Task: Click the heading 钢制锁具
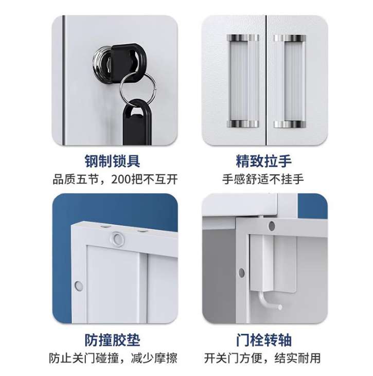point(112,161)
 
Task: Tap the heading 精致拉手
point(263,161)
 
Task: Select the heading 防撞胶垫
point(112,340)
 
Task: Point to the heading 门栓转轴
point(263,340)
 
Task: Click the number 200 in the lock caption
point(121,180)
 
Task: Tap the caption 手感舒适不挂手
point(263,180)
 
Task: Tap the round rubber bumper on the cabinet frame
point(117,239)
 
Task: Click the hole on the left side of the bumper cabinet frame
point(78,285)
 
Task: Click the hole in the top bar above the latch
point(272,226)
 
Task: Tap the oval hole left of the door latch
point(242,273)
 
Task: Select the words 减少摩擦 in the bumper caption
point(154,359)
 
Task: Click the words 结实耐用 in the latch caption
point(297,359)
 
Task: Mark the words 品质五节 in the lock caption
point(76,180)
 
